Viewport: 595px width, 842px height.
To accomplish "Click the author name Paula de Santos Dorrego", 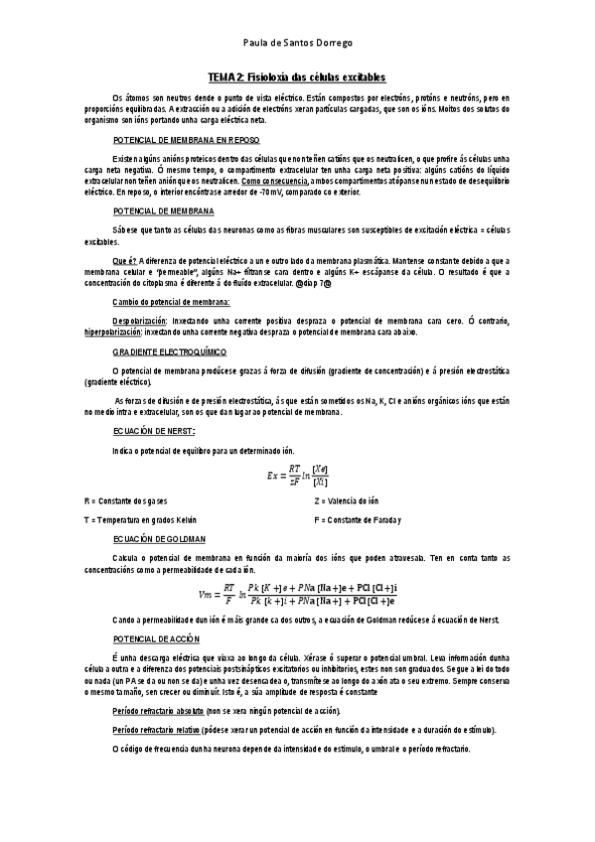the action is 297,44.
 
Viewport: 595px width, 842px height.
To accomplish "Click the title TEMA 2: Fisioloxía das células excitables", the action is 296,77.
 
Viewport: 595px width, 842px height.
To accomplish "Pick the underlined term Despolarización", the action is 141,323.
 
